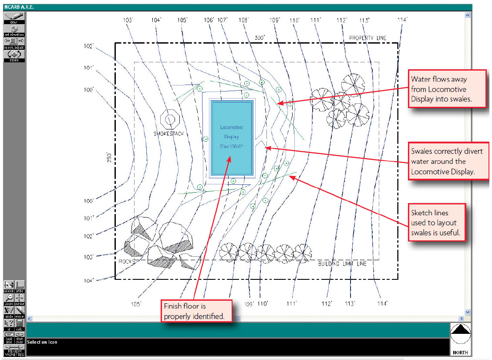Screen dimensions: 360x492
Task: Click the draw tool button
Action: (14, 17)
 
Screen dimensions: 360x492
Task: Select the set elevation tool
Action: (14, 30)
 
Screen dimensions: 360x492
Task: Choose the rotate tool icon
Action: (14, 56)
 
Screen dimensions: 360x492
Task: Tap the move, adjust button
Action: (14, 43)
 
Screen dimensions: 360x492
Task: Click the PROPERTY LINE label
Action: (367, 38)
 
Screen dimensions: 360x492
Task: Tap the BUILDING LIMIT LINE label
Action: (342, 264)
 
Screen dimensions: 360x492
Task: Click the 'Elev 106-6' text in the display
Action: (231, 147)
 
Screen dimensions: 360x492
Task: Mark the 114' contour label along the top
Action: (402, 20)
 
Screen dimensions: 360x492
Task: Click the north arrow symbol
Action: (460, 336)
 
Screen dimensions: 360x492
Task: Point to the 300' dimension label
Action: (259, 38)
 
